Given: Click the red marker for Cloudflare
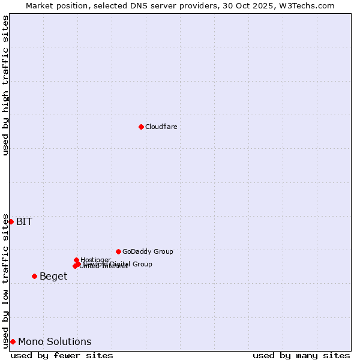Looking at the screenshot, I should click(x=141, y=127).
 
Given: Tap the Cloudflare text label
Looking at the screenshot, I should click(x=161, y=127).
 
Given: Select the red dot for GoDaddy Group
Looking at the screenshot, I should click(x=118, y=251).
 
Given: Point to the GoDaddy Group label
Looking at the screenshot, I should click(x=148, y=251).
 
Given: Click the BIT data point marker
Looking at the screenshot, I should click(x=11, y=221).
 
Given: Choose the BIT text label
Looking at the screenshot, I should click(x=24, y=222).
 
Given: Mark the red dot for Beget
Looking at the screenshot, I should click(x=34, y=276).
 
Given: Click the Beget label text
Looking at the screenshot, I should click(x=53, y=277).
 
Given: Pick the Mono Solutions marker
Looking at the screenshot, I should click(x=13, y=341).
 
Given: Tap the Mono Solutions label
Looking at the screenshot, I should click(x=55, y=342).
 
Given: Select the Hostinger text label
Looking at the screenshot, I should click(x=95, y=260).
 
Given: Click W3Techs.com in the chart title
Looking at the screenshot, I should click(x=305, y=5).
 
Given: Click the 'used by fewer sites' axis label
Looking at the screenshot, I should click(x=62, y=356).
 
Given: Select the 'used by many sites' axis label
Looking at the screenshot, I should click(x=301, y=356).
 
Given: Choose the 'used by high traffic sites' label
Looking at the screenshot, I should click(x=5, y=85).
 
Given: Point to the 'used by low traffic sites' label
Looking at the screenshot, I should click(x=5, y=281).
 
